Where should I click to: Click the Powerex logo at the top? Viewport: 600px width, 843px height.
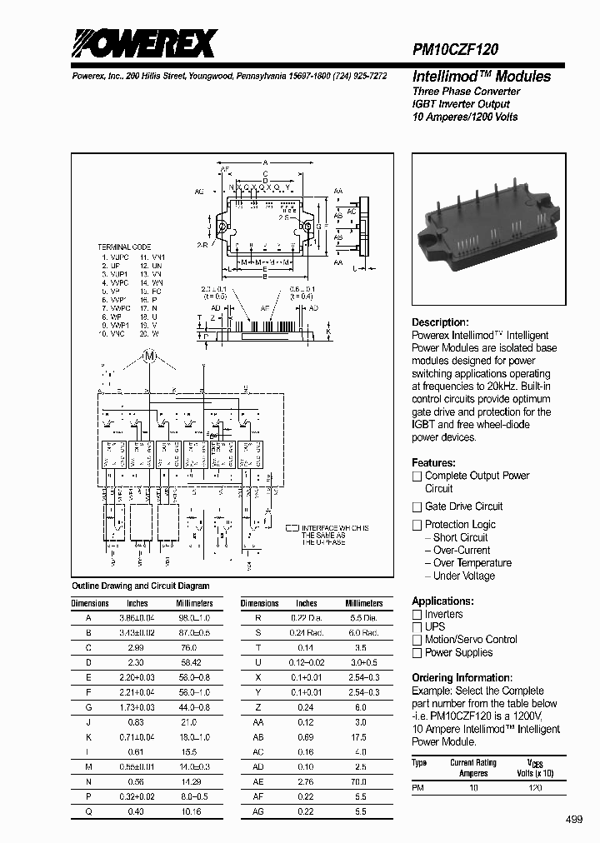pyautogui.click(x=142, y=43)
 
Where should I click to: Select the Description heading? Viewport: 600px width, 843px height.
pyautogui.click(x=440, y=322)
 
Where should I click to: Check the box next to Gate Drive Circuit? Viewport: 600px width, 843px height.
pyautogui.click(x=417, y=506)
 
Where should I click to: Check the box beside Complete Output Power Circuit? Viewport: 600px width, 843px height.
pyautogui.click(x=417, y=476)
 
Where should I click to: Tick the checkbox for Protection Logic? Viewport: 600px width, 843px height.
pyautogui.click(x=417, y=525)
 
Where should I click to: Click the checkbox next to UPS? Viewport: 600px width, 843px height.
pyautogui.click(x=417, y=627)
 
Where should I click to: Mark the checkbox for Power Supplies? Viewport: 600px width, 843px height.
pyautogui.click(x=417, y=653)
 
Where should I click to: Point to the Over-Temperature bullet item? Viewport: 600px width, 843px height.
pyautogui.click(x=472, y=563)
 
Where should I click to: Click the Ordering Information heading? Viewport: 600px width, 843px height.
pyautogui.click(x=462, y=678)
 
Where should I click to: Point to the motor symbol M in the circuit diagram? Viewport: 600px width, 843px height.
pyautogui.click(x=151, y=357)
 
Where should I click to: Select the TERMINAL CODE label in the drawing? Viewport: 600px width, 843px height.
pyautogui.click(x=125, y=247)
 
